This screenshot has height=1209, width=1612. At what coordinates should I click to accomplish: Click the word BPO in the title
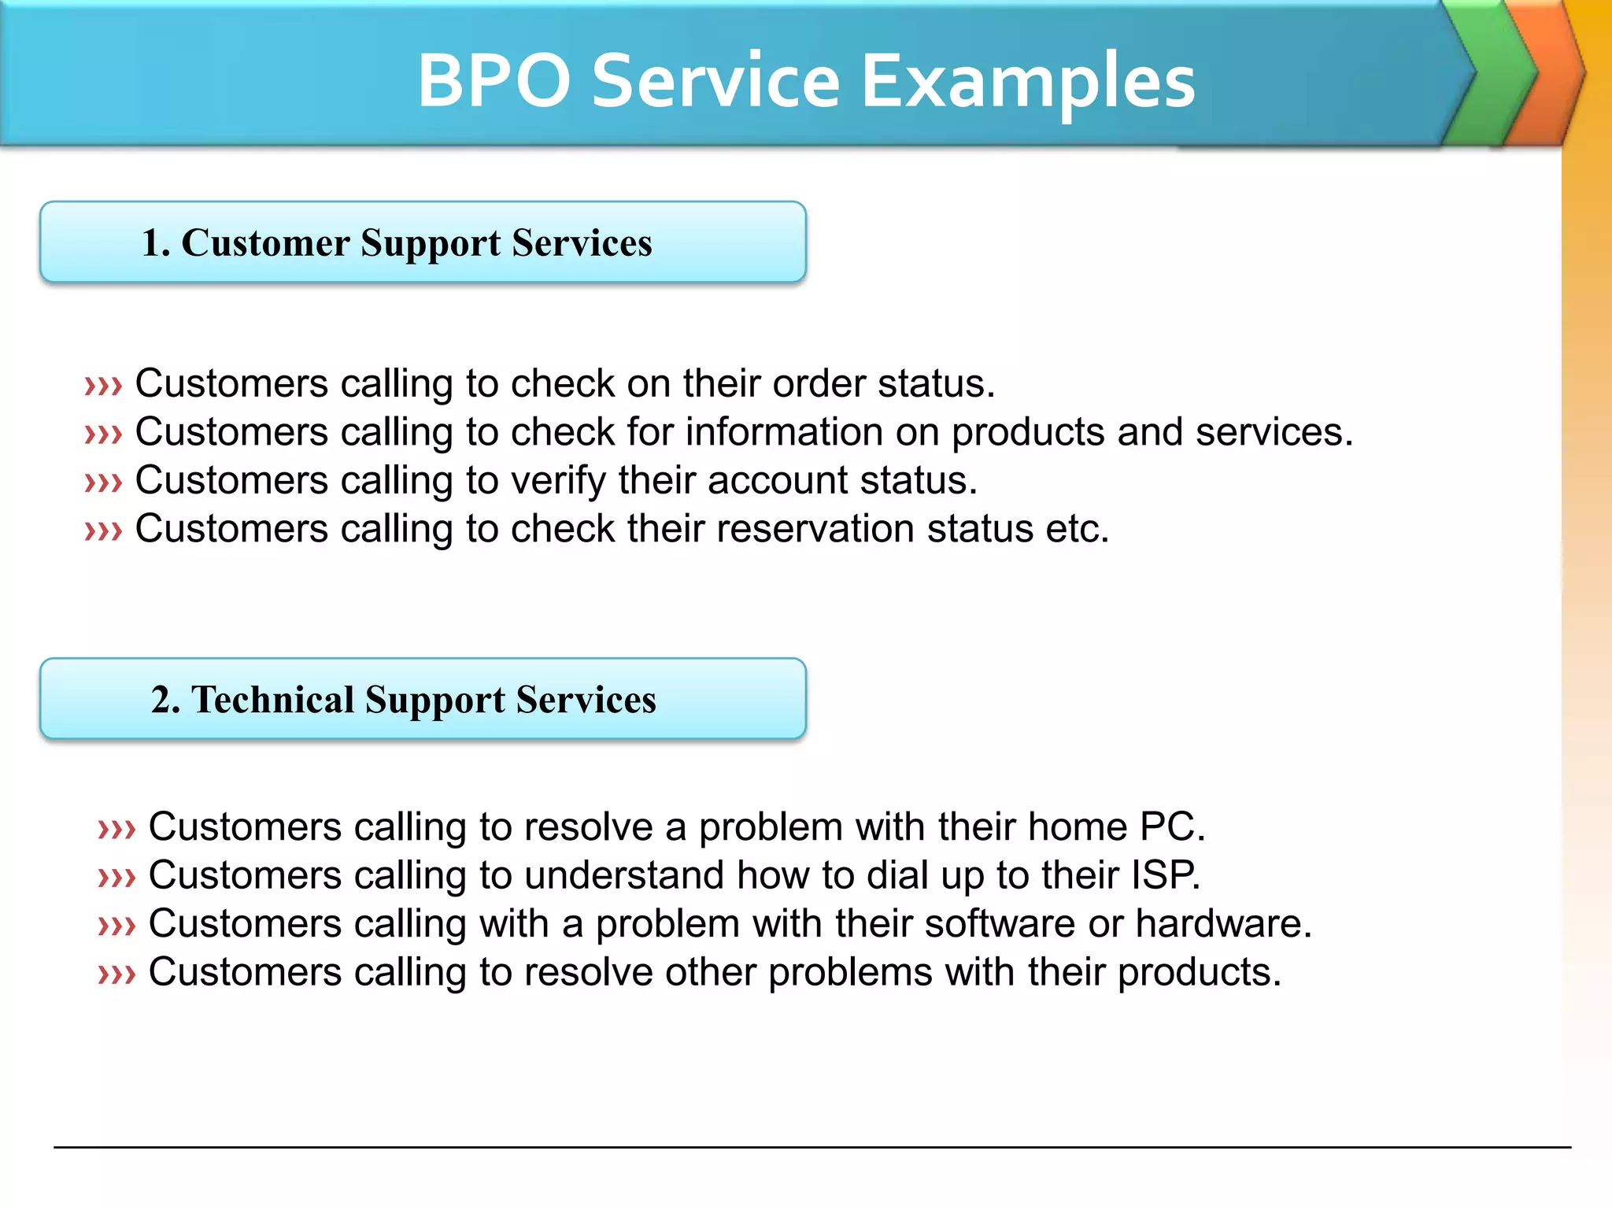[494, 81]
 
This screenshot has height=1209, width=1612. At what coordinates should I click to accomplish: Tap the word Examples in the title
[1028, 81]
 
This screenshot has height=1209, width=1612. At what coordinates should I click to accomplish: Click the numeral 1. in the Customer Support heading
[156, 242]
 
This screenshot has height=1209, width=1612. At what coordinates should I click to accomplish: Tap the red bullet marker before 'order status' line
[103, 386]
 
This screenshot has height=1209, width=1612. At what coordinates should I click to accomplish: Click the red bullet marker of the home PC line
[116, 830]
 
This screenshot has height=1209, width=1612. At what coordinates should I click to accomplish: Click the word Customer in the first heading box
[265, 242]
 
